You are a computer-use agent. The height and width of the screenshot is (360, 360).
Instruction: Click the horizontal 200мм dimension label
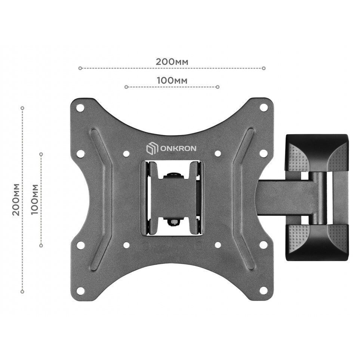coord(172,62)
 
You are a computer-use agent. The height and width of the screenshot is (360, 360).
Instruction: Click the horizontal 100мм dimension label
coord(172,81)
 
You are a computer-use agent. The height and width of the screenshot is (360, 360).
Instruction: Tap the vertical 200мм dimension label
coord(16,199)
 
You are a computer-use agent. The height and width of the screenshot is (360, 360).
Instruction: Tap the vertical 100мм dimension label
coord(34,199)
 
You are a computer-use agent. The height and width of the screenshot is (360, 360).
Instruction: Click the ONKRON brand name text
coord(178,149)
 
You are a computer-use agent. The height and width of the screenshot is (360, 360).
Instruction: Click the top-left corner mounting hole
coord(80,107)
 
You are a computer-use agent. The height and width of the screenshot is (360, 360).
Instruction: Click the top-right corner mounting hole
coord(264,107)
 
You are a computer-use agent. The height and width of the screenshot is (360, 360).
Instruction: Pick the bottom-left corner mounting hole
coord(80,291)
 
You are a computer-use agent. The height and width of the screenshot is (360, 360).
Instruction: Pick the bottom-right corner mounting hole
coord(264,291)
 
